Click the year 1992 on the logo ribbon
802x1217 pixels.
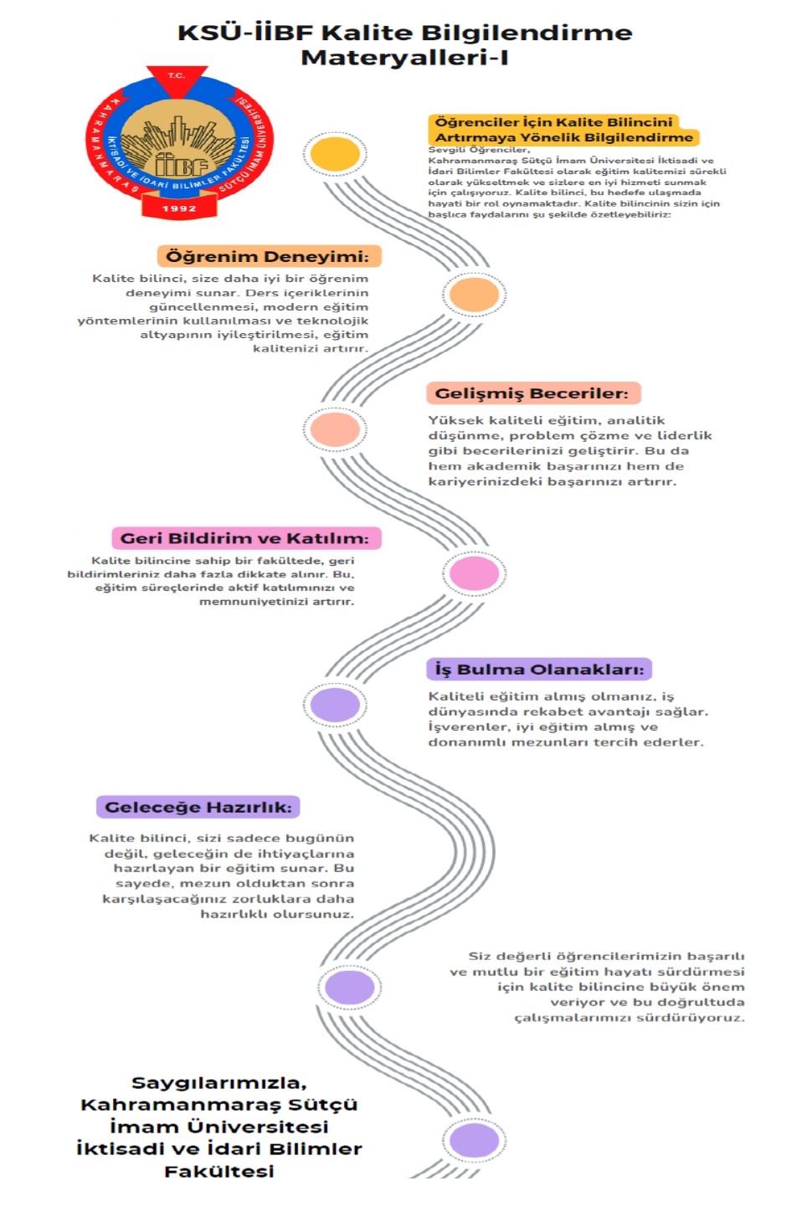pyautogui.click(x=179, y=208)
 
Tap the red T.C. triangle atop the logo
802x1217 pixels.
pyautogui.click(x=177, y=80)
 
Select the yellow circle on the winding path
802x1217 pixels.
pyautogui.click(x=335, y=153)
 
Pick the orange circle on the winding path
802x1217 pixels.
pyautogui.click(x=474, y=294)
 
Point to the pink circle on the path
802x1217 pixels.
pyautogui.click(x=474, y=573)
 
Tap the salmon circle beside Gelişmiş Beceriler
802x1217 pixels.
pyautogui.click(x=335, y=429)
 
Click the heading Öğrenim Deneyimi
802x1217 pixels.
pyautogui.click(x=267, y=256)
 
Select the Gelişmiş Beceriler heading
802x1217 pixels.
pyautogui.click(x=531, y=393)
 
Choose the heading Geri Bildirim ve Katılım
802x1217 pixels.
pyautogui.click(x=244, y=538)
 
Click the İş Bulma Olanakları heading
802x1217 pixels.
pyautogui.click(x=539, y=670)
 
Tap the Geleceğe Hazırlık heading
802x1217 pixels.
pyautogui.click(x=198, y=808)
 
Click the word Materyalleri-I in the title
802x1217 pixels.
pyautogui.click(x=404, y=58)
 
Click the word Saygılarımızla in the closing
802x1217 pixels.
pyautogui.click(x=219, y=1084)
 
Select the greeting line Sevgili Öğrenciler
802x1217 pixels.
pyautogui.click(x=479, y=150)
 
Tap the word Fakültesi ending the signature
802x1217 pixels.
pyautogui.click(x=219, y=1171)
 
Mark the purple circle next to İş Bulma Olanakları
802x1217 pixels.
pyautogui.click(x=335, y=705)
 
